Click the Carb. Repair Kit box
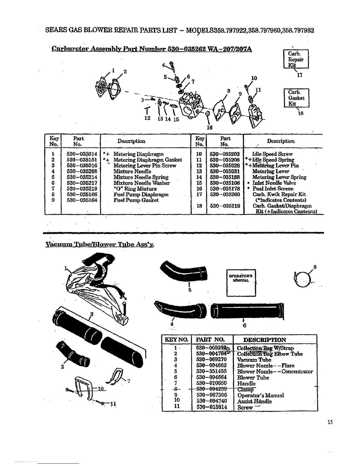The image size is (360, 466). point(296,59)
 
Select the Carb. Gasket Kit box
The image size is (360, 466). point(296,98)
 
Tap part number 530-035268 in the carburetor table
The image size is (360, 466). point(82,171)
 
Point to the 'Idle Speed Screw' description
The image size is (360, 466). point(272,154)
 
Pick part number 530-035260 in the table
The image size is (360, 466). point(225,194)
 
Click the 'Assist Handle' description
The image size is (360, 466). point(254,401)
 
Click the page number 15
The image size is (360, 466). point(330,422)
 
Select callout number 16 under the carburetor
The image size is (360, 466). point(209,127)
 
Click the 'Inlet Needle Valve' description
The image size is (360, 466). point(274,183)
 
